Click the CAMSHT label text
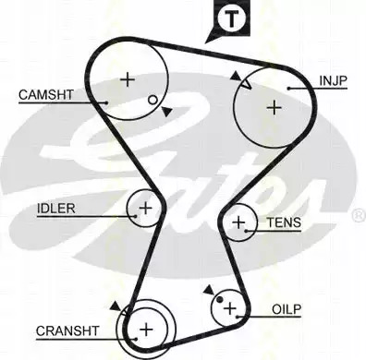pyautogui.click(x=46, y=94)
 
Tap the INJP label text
pyautogui.click(x=333, y=81)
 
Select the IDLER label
pyautogui.click(x=56, y=209)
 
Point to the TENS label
pyautogui.click(x=284, y=222)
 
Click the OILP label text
pyautogui.click(x=287, y=309)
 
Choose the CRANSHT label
pyautogui.click(x=67, y=331)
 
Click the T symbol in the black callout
pyautogui.click(x=231, y=18)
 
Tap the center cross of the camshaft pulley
pyautogui.click(x=128, y=80)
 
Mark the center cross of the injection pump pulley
pyautogui.click(x=274, y=108)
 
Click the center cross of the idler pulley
pyautogui.click(x=145, y=209)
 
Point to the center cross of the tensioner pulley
pyautogui.click(x=238, y=222)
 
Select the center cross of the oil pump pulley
pyautogui.click(x=230, y=308)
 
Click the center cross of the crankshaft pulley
pyautogui.click(x=146, y=330)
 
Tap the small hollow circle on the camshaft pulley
pyautogui.click(x=152, y=100)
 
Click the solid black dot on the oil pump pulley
pyautogui.click(x=219, y=299)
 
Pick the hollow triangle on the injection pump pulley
pyautogui.click(x=247, y=84)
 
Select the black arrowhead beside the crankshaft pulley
pyautogui.click(x=116, y=306)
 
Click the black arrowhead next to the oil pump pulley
pyautogui.click(x=209, y=290)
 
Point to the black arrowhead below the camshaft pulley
pyautogui.click(x=166, y=112)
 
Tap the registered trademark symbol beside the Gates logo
pyautogui.click(x=359, y=215)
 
